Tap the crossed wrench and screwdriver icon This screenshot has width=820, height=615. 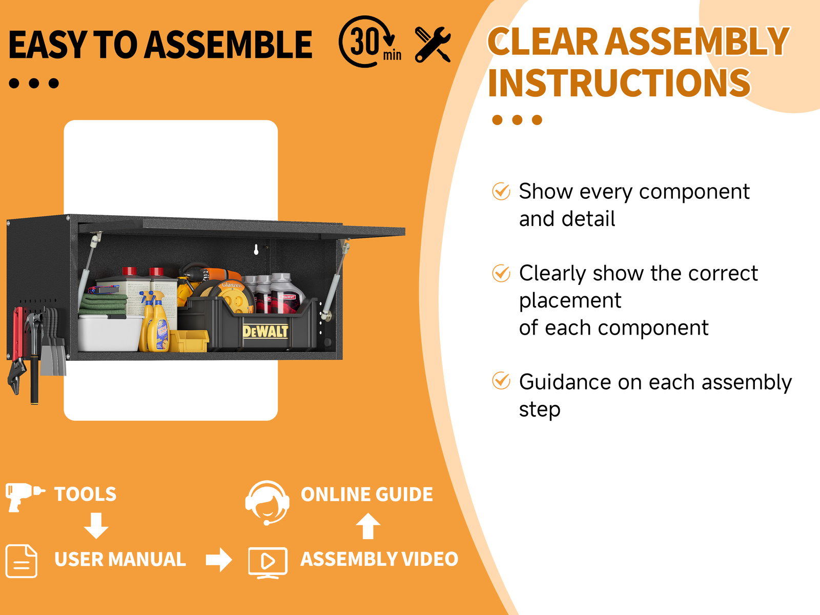click(x=433, y=45)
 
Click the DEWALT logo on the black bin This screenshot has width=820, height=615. click(x=265, y=331)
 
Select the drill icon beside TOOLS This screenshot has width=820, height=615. click(x=25, y=497)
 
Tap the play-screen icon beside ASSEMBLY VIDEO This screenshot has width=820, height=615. click(x=268, y=563)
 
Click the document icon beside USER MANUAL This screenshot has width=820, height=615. click(x=22, y=561)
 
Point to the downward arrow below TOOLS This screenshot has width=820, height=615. click(x=96, y=526)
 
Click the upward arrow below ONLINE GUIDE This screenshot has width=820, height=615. click(x=368, y=526)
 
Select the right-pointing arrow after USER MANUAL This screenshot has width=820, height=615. click(x=219, y=559)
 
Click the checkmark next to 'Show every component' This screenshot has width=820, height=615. click(x=501, y=191)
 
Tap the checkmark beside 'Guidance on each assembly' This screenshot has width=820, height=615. click(x=501, y=380)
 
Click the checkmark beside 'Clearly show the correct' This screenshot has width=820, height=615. click(x=501, y=273)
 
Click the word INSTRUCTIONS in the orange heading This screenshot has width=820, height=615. click(x=619, y=83)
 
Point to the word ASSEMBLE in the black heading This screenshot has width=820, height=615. click(x=228, y=45)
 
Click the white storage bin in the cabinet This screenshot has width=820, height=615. click(x=110, y=333)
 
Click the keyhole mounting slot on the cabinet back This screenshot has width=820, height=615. click(x=256, y=250)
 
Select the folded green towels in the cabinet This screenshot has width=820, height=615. click(x=103, y=304)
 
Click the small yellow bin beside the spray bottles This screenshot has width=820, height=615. click(x=189, y=341)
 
